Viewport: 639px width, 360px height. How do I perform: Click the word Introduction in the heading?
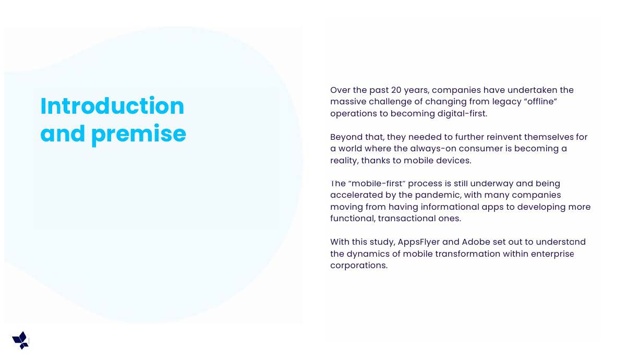pyautogui.click(x=112, y=106)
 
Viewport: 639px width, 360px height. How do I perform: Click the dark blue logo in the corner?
pyautogui.click(x=20, y=340)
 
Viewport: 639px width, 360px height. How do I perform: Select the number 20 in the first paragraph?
pyautogui.click(x=396, y=90)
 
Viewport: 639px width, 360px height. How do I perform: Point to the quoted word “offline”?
pyautogui.click(x=540, y=102)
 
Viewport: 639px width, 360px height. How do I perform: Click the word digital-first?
pyautogui.click(x=462, y=114)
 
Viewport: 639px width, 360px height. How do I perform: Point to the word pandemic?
pyautogui.click(x=438, y=195)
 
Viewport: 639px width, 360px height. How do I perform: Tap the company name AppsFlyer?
pyautogui.click(x=418, y=242)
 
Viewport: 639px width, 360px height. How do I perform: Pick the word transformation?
pyautogui.click(x=467, y=254)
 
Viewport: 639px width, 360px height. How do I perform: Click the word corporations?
pyautogui.click(x=359, y=266)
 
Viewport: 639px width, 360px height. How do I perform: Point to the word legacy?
pyautogui.click(x=507, y=102)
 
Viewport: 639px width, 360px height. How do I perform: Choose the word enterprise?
pyautogui.click(x=552, y=254)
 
